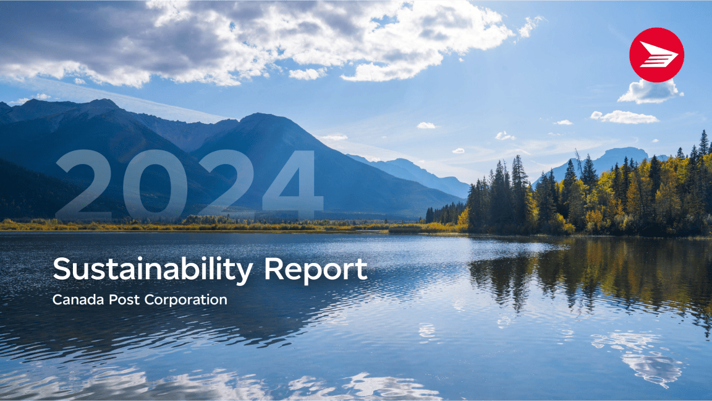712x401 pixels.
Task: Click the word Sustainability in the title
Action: coord(153,269)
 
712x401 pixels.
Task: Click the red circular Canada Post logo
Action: coord(656,55)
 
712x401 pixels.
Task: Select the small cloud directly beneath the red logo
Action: coord(649,91)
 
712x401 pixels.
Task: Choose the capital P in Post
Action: coord(112,300)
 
